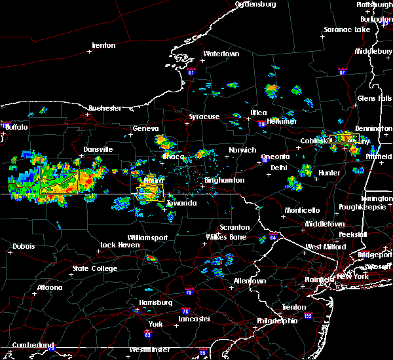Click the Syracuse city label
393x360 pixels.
click(204, 117)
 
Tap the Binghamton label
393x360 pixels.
click(224, 180)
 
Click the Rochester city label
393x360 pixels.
click(105, 108)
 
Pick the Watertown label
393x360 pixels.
click(221, 54)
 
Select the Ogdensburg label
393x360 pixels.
click(255, 4)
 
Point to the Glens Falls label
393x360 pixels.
click(375, 98)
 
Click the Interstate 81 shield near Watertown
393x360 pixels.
click(191, 72)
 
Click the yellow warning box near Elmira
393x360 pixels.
click(150, 192)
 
